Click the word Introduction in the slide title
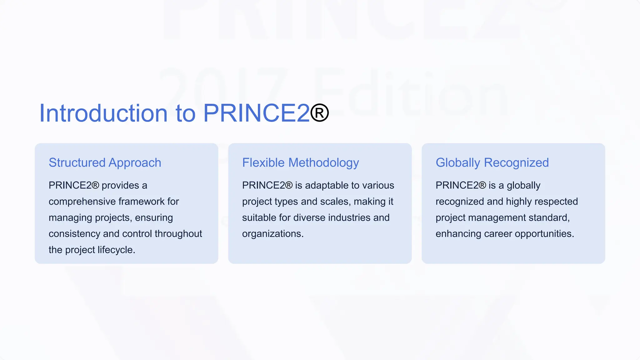pos(103,113)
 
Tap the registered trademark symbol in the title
pos(319,113)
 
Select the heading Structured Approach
pos(105,163)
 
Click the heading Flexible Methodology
pos(300,163)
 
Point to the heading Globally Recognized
pos(492,163)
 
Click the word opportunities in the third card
pos(544,234)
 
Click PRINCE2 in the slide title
pos(256,113)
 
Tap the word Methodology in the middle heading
pos(323,163)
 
